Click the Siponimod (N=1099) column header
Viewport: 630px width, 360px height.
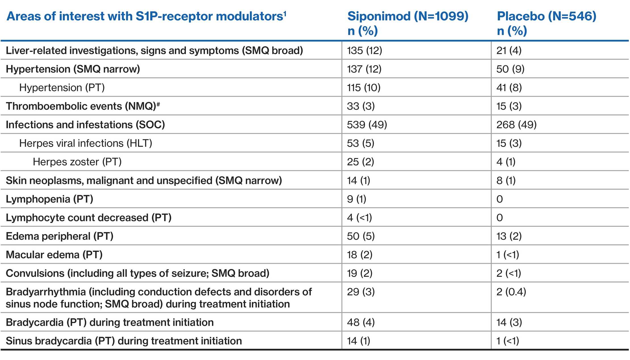[408, 16]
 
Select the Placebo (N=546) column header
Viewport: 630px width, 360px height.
[547, 16]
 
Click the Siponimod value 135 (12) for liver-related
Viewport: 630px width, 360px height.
[364, 50]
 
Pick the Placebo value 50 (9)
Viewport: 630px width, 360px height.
[510, 69]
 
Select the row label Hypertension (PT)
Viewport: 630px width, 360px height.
[62, 88]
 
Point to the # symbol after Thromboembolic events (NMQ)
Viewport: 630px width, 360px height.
[158, 104]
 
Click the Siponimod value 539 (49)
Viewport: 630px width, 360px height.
[367, 125]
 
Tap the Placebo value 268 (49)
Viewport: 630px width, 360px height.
[516, 125]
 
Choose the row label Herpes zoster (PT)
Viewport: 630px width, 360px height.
[77, 162]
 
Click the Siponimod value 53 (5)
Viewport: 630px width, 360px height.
[360, 143]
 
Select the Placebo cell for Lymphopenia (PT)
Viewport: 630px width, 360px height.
[500, 199]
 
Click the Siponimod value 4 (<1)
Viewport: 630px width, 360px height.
[359, 218]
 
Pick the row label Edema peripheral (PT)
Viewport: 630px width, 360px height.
[60, 236]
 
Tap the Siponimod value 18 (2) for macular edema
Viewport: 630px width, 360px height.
[360, 255]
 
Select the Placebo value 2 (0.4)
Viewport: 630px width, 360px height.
[511, 292]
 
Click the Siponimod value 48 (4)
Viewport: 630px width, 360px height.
[361, 322]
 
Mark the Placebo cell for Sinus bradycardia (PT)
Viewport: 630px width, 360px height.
[508, 341]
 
